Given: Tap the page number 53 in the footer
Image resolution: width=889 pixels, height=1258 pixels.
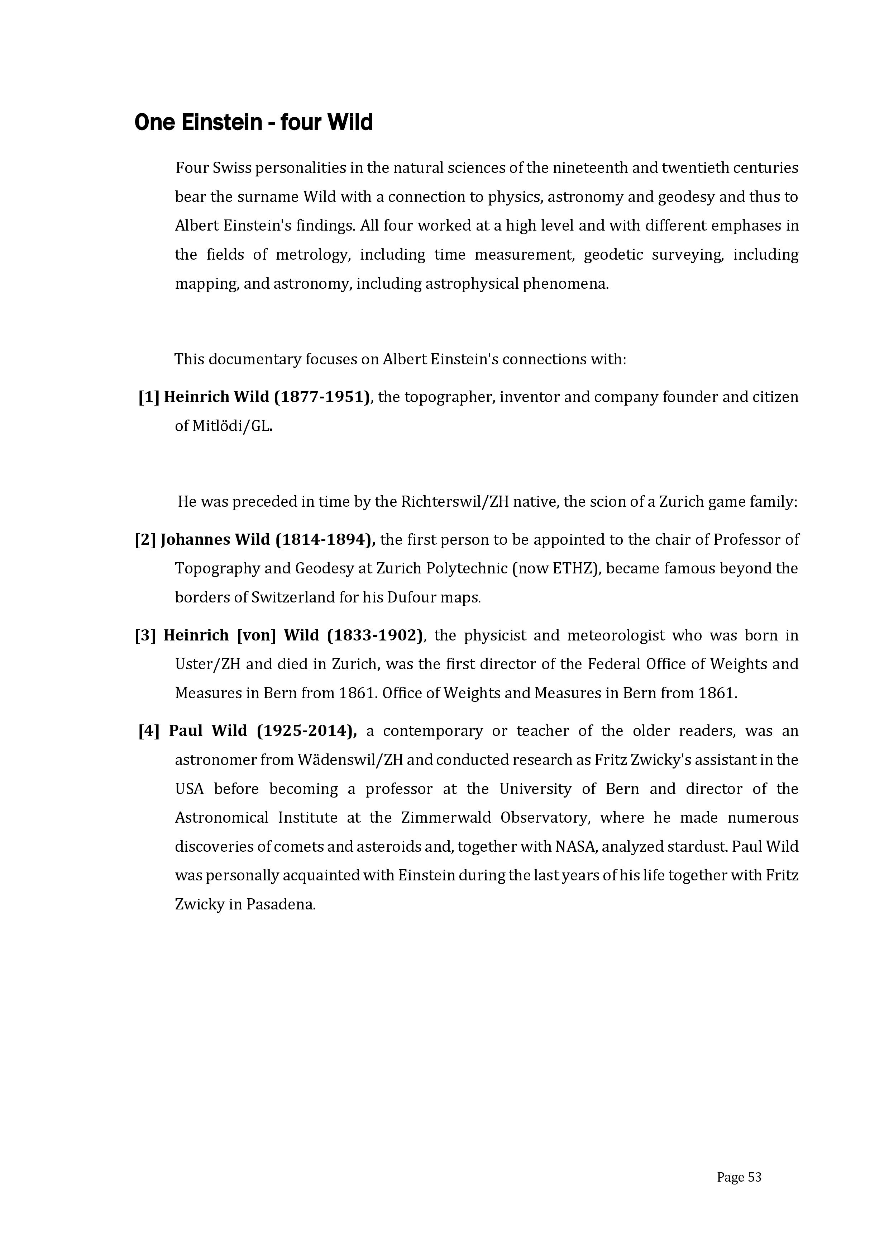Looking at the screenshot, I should (754, 1177).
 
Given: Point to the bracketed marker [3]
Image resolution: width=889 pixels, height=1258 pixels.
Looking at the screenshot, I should (145, 635).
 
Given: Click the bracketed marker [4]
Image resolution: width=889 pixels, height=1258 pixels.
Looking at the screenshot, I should (149, 730).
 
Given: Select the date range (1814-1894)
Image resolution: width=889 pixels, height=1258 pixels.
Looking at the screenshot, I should (325, 540).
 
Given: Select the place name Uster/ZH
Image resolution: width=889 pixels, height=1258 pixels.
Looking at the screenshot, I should (208, 664).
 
